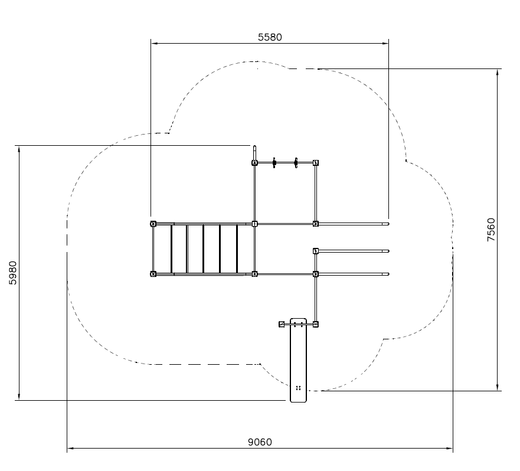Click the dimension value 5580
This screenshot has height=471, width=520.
270,37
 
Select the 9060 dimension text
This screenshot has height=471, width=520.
260,442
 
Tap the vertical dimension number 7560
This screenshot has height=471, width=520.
491,230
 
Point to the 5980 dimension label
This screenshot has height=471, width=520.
12,273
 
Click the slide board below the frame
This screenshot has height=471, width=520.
298,360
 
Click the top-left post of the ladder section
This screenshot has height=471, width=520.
153,224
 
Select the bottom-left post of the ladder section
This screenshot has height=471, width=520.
153,274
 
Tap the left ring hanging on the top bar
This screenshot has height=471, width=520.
274,163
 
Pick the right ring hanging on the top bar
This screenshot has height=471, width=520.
296,163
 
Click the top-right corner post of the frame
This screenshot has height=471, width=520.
316,163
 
